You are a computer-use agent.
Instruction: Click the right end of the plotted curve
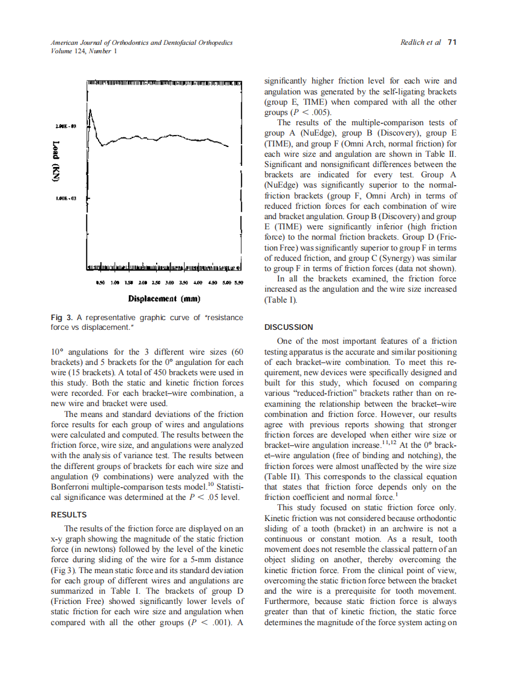coord(229,146)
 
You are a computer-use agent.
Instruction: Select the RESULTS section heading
coord(68,514)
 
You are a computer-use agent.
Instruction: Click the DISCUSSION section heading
coord(289,327)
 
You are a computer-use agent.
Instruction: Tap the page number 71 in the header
coord(452,43)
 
